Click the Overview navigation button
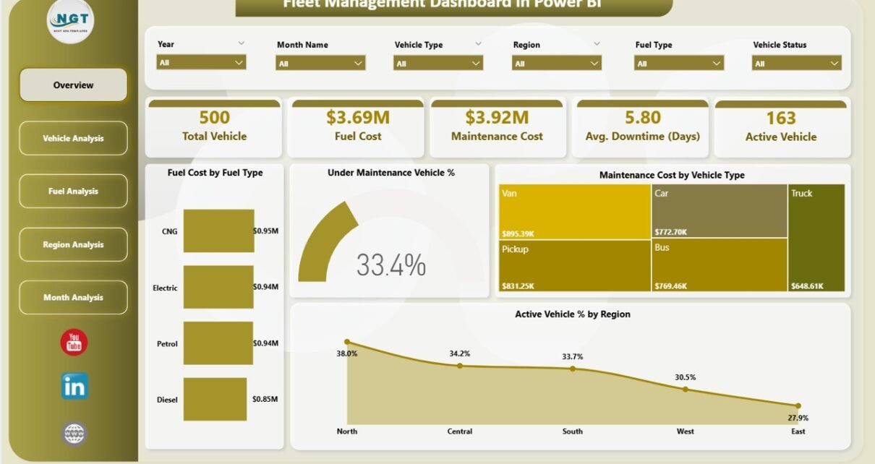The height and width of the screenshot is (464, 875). pos(73,85)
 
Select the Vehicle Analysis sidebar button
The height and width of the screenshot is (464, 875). pos(73,138)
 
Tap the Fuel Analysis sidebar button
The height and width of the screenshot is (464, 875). pos(73,192)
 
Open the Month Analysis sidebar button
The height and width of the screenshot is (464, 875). pos(73,298)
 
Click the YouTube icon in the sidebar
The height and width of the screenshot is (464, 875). pos(74,343)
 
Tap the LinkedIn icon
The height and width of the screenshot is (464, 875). pos(74,387)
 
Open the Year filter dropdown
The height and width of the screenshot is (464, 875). pos(201,63)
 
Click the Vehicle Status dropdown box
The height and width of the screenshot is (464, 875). pos(796,64)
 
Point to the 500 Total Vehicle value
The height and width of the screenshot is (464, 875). pos(214,118)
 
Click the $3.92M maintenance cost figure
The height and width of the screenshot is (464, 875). pos(497,118)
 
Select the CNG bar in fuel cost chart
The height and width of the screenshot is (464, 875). pos(218,231)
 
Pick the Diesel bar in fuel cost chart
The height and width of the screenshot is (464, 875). pos(218,400)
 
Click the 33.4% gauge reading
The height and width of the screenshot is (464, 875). pos(391,266)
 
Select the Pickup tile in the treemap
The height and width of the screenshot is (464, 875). pos(574,265)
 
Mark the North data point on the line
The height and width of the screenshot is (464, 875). pos(347,342)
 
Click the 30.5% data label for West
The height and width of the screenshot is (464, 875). pos(685,377)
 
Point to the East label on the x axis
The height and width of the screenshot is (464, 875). pos(798,431)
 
